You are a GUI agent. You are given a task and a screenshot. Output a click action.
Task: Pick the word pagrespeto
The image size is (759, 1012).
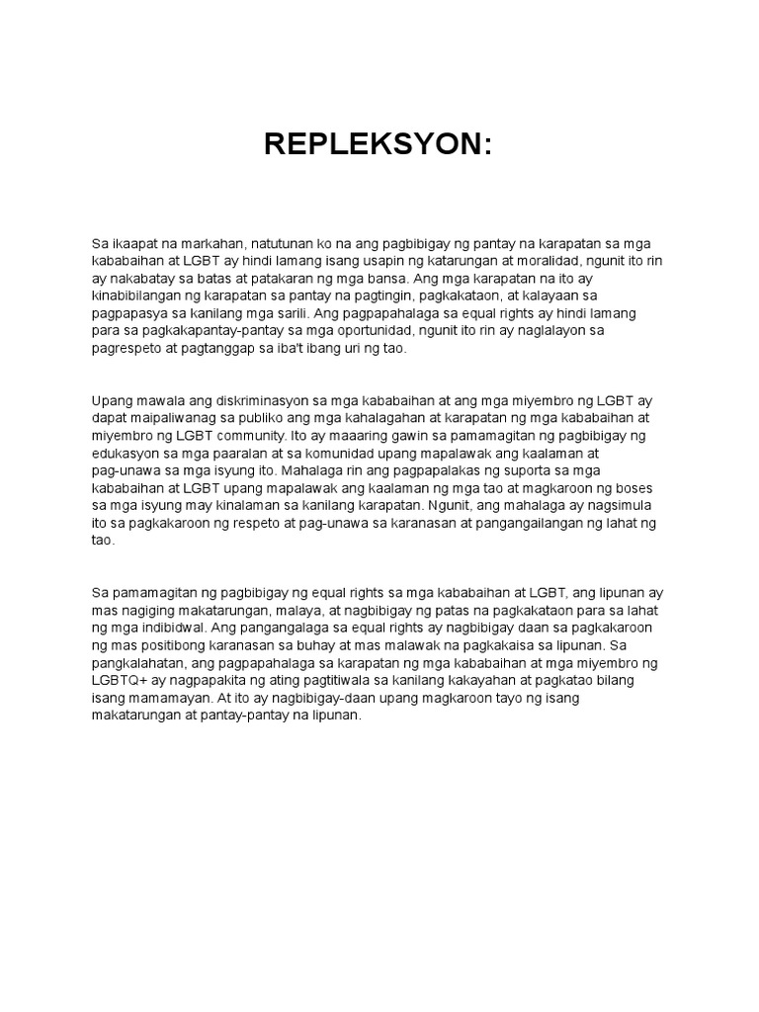click(x=131, y=350)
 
